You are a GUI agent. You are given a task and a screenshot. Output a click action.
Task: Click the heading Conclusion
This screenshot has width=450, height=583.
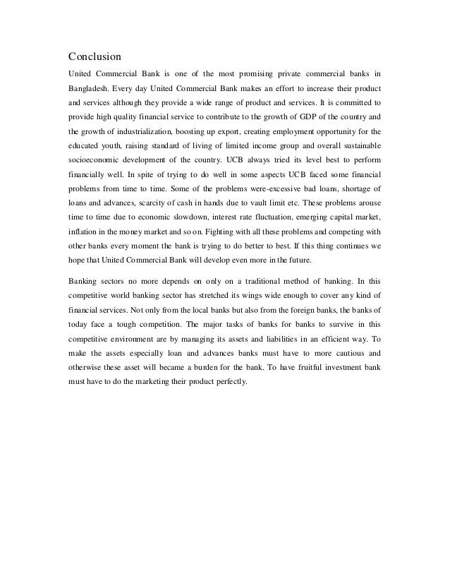(x=95, y=56)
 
